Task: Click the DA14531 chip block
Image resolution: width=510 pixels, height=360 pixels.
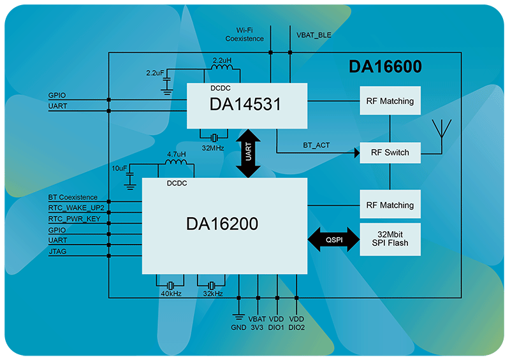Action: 246,104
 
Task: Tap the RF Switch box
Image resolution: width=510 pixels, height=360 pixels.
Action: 390,153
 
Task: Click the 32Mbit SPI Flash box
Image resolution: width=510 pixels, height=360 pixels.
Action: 390,238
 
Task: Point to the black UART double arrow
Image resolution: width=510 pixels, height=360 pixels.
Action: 248,153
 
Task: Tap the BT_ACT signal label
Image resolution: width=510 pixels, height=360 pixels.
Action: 316,146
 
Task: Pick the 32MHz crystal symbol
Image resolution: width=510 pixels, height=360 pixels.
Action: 214,137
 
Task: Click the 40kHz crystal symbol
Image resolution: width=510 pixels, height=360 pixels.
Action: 170,285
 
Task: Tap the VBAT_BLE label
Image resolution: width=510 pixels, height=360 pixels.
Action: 314,35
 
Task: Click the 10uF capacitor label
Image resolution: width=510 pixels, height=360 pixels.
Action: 118,168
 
